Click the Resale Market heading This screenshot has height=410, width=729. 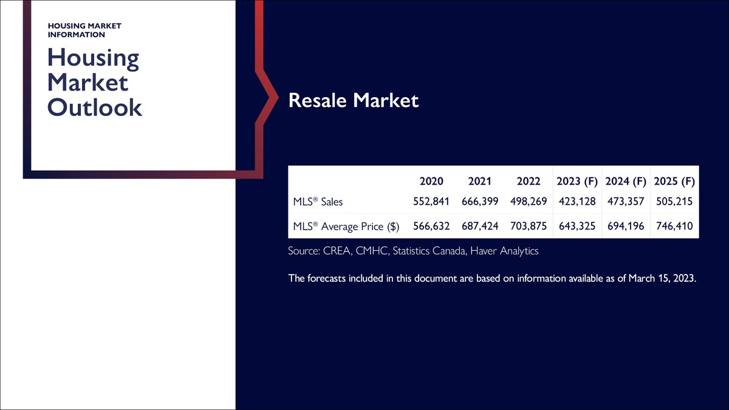(354, 100)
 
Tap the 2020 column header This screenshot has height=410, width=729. (431, 182)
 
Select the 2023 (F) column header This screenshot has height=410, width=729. (577, 182)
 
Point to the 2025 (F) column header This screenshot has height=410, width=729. (674, 182)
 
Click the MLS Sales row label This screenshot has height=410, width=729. (318, 202)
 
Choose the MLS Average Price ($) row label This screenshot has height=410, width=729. (346, 227)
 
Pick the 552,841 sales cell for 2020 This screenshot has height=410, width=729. (431, 202)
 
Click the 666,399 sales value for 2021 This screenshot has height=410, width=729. (480, 202)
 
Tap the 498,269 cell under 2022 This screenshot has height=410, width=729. (529, 202)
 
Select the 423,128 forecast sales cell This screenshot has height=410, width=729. (577, 202)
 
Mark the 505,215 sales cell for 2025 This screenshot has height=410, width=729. (674, 202)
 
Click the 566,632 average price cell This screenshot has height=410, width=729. (431, 227)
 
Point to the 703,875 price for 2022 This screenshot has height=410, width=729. (529, 227)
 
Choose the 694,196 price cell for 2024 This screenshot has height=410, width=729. (626, 227)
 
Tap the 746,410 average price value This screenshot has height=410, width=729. (674, 227)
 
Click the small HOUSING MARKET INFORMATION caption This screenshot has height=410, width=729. (84, 30)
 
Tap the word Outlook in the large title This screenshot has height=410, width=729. (95, 108)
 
